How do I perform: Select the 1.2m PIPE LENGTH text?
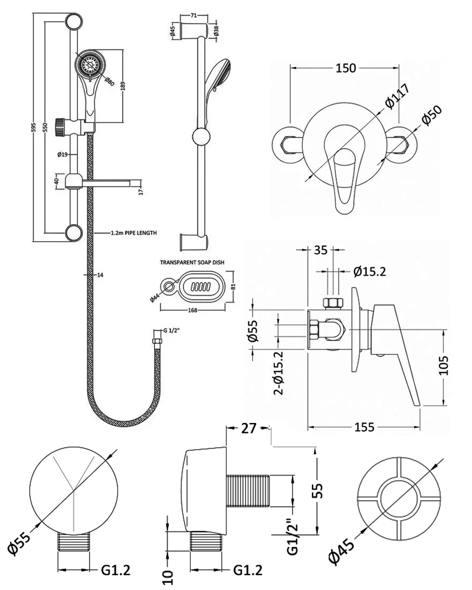(x=133, y=234)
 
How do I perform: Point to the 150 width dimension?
(x=346, y=68)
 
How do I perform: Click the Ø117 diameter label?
(x=398, y=96)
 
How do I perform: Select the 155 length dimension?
(x=364, y=427)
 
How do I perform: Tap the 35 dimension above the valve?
(x=320, y=250)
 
